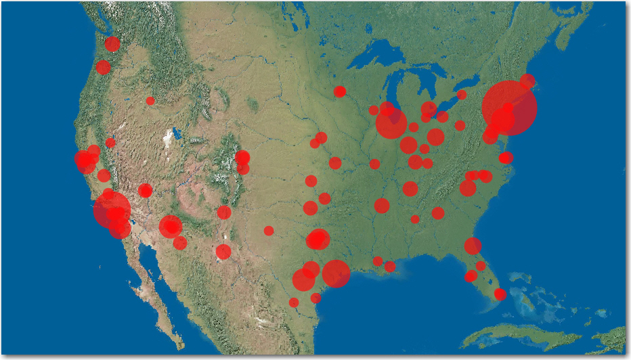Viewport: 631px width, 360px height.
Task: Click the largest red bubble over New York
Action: pos(510,108)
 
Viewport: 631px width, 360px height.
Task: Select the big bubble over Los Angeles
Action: pos(112,210)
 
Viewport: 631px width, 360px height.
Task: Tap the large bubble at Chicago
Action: pos(391,123)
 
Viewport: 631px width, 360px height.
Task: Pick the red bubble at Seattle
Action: pos(112,44)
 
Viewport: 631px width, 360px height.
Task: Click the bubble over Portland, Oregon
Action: pos(103,67)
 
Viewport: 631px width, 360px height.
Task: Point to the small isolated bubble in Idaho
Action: pos(150,101)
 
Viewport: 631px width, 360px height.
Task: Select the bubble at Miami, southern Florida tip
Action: pos(500,294)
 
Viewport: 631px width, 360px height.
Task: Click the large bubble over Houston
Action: pos(336,273)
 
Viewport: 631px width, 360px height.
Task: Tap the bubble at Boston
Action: pos(527,81)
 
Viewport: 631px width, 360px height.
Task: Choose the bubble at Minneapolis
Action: pos(340,91)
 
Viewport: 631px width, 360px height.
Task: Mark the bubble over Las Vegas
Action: pos(145,190)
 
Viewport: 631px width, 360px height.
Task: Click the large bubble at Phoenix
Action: pos(171,226)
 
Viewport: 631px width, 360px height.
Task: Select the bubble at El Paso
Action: pos(223,252)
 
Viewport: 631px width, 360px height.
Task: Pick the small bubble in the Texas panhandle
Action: pos(269,231)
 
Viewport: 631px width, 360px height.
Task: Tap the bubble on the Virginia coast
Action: pos(506,158)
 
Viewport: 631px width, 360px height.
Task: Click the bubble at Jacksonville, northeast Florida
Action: pos(473,246)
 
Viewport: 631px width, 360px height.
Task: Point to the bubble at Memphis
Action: pos(382,206)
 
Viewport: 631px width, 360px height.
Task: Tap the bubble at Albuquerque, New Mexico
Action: pos(224,212)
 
